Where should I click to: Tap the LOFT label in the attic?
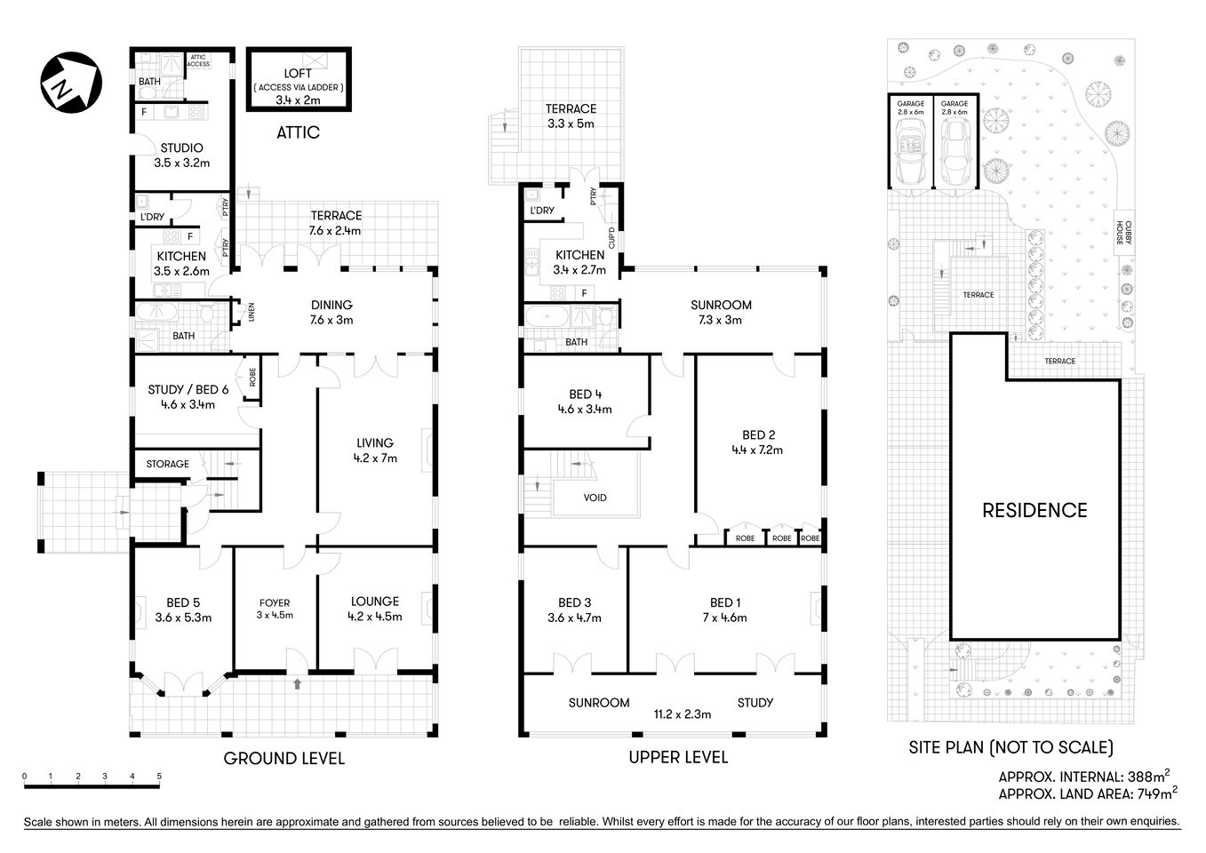pyautogui.click(x=299, y=73)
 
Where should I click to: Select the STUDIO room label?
pyautogui.click(x=181, y=148)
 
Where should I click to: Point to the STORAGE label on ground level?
pyautogui.click(x=168, y=464)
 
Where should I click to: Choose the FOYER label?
pyautogui.click(x=275, y=602)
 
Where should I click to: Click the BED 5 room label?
pyautogui.click(x=183, y=602)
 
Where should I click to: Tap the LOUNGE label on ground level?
pyautogui.click(x=374, y=602)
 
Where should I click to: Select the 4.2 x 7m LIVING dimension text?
pyautogui.click(x=375, y=458)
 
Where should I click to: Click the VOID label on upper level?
pyautogui.click(x=595, y=498)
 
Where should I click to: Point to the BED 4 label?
pyautogui.click(x=585, y=395)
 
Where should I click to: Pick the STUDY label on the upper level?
pyautogui.click(x=755, y=703)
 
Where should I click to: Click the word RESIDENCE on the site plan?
pyautogui.click(x=1034, y=510)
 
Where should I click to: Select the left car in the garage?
pyautogui.click(x=910, y=147)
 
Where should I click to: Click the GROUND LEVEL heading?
pyautogui.click(x=284, y=758)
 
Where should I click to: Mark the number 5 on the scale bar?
pyautogui.click(x=159, y=776)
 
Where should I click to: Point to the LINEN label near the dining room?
pyautogui.click(x=252, y=312)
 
